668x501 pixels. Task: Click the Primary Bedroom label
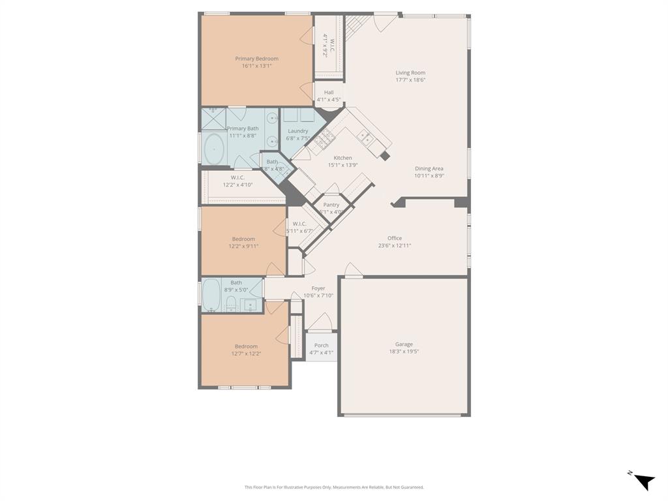coord(256,59)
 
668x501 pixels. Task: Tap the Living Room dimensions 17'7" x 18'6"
coord(410,80)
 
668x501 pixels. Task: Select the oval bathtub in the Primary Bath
coord(213,149)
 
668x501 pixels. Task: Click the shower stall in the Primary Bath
coord(213,119)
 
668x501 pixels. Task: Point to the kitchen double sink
coord(365,136)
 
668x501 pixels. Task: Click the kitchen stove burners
coord(325,137)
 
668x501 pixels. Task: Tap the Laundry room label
coord(297,131)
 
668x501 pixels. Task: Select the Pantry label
coord(331,205)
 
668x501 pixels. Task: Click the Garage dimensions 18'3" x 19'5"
coord(404,352)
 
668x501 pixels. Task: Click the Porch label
coord(322,346)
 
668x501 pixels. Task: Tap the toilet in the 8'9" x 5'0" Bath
coord(230,301)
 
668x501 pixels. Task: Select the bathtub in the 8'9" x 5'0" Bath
coord(211,296)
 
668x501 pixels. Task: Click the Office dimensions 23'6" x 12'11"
coord(394,246)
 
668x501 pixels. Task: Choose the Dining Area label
coord(429,168)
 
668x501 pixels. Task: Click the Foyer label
coord(318,288)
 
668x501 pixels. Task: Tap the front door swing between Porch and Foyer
coord(320,321)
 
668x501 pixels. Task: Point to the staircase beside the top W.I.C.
coord(357,26)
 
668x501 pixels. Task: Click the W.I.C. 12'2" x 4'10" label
coord(237,177)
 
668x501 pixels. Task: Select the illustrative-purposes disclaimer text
coord(334,487)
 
